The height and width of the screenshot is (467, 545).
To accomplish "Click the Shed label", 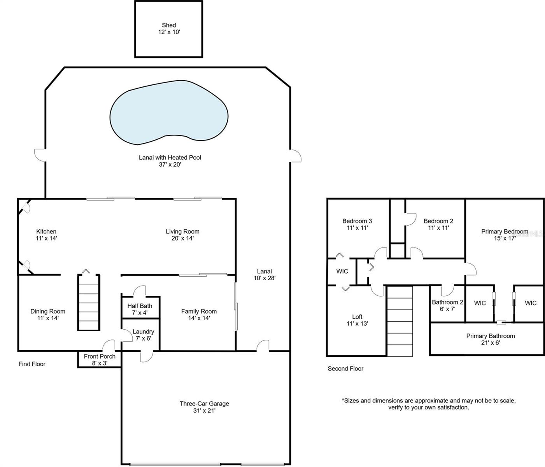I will [x=169, y=25].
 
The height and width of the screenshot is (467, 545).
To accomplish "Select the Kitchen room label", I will [x=46, y=232].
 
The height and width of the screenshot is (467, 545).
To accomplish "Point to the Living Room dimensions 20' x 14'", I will [x=182, y=238].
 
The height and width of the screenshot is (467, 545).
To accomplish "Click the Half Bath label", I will [x=140, y=306].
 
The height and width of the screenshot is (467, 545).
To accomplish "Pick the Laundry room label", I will [x=143, y=332].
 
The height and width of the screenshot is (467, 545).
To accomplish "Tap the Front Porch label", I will [x=100, y=356].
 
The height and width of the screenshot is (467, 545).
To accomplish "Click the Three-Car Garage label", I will [x=204, y=404].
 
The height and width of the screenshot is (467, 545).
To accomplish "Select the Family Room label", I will [x=199, y=311].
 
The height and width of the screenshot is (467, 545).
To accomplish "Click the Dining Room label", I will [x=48, y=311].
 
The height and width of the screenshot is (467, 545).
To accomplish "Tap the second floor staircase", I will [x=400, y=321].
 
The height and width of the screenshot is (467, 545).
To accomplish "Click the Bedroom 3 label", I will [x=357, y=221].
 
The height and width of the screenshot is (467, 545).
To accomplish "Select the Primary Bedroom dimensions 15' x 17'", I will [x=505, y=238].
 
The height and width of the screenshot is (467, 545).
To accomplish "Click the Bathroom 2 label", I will [x=447, y=302].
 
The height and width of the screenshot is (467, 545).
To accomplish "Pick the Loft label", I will [x=357, y=317].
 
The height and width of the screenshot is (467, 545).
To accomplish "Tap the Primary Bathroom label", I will [x=491, y=336].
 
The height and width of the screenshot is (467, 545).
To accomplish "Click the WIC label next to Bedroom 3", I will [x=342, y=271].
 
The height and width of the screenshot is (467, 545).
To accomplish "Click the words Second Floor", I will [x=345, y=369].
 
